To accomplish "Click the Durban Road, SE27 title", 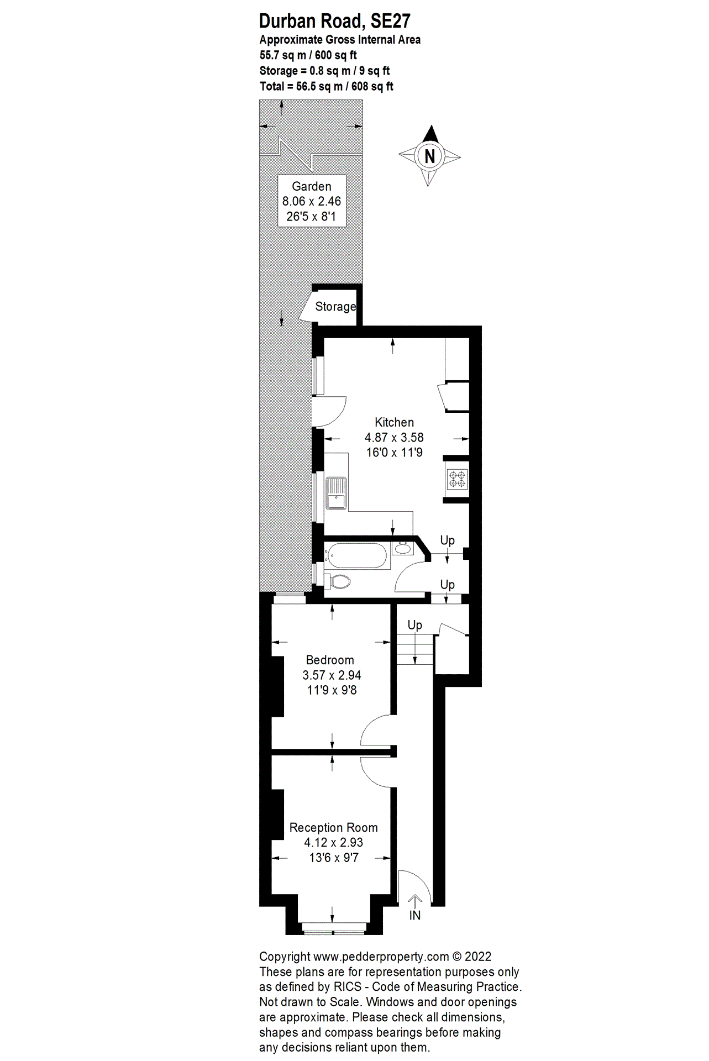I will [x=334, y=21].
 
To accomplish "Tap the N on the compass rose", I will [x=430, y=156].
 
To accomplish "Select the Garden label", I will [x=312, y=186].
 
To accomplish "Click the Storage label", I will [x=335, y=307].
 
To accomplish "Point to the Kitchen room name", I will [x=394, y=422].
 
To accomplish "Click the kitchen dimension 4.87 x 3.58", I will [x=394, y=437].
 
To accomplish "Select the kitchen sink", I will [x=335, y=493].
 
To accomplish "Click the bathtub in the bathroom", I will [x=356, y=556].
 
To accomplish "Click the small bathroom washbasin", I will [x=403, y=549].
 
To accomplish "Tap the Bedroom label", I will [x=330, y=660].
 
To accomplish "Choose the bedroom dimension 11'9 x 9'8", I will [x=332, y=690].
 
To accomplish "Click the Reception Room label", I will [x=334, y=827].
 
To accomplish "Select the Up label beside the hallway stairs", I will [x=414, y=625].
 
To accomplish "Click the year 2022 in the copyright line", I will [x=478, y=957].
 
